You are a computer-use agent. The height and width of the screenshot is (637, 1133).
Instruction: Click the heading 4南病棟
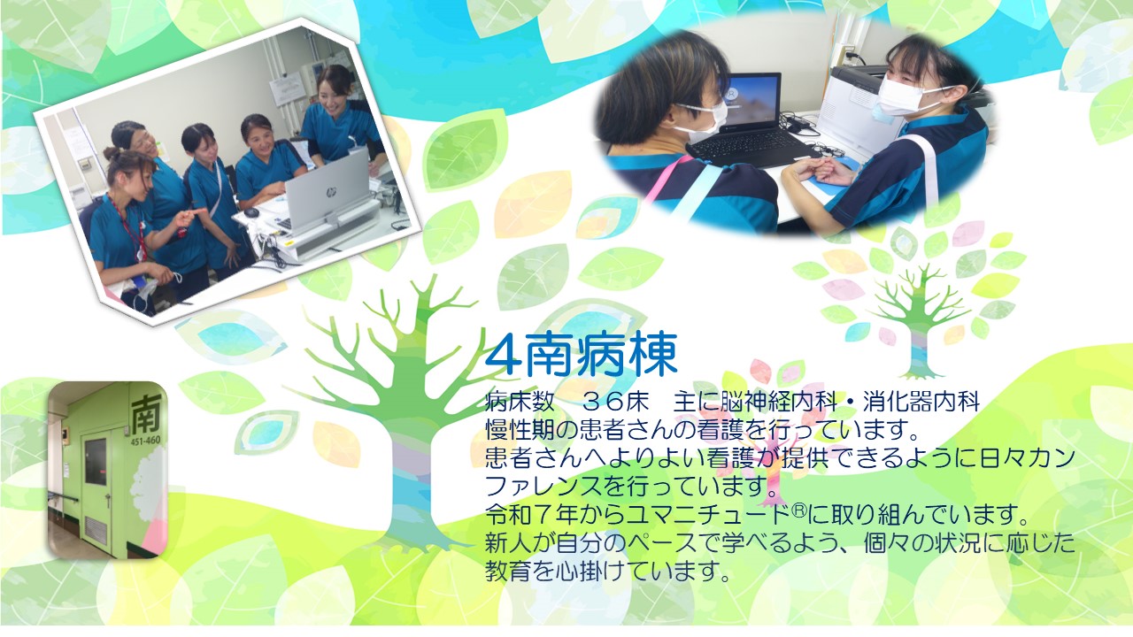pyautogui.click(x=581, y=355)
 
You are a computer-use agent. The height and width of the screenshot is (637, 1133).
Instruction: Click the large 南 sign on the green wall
pyautogui.click(x=146, y=413)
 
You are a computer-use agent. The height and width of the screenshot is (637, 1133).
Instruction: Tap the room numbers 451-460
pyautogui.click(x=145, y=441)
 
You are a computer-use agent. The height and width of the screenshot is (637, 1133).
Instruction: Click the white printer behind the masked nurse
pyautogui.click(x=855, y=109)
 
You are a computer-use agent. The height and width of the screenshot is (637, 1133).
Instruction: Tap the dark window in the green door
pyautogui.click(x=95, y=462)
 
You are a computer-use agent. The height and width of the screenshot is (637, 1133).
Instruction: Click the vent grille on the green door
pyautogui.click(x=96, y=530)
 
